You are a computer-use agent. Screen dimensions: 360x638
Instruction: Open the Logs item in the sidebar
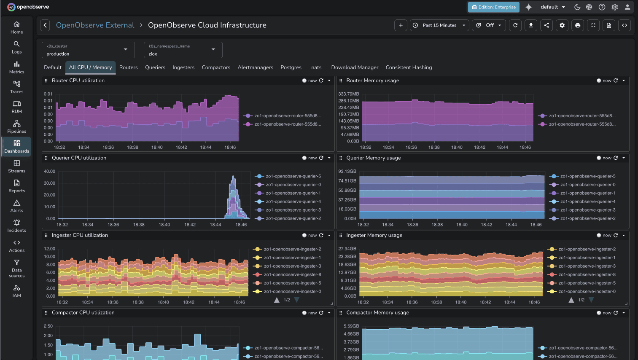(x=16, y=47)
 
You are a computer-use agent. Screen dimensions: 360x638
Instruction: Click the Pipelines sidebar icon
(x=16, y=126)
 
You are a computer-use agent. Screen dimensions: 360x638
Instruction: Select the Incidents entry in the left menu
(x=16, y=226)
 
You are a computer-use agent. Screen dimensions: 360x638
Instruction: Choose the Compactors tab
(x=216, y=67)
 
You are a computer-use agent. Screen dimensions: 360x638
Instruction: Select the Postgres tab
(x=291, y=67)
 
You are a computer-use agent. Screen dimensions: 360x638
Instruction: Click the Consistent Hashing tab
(x=409, y=67)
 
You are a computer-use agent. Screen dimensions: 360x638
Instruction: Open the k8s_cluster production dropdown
(x=88, y=50)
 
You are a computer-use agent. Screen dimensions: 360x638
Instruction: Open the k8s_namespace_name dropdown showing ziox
(x=183, y=50)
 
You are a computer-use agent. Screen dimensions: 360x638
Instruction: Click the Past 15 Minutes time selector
(x=439, y=25)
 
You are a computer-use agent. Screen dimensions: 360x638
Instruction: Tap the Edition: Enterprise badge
(x=493, y=7)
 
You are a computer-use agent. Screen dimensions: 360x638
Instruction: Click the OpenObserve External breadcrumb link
(x=95, y=25)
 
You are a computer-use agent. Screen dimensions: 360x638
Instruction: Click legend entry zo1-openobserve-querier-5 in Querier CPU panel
(x=293, y=176)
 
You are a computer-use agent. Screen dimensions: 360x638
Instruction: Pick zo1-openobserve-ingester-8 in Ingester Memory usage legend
(x=587, y=274)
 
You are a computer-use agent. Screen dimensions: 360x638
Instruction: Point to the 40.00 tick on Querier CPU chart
(x=49, y=171)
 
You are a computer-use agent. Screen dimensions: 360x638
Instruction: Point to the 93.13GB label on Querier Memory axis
(x=347, y=171)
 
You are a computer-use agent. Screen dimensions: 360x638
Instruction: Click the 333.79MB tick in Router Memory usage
(x=348, y=94)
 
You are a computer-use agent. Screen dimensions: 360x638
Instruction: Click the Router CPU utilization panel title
(x=78, y=81)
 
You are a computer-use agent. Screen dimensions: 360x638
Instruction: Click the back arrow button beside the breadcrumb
(x=45, y=25)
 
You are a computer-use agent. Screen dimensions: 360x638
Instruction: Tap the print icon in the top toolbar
(x=577, y=25)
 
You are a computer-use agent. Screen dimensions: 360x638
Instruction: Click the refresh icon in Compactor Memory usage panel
(x=616, y=313)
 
